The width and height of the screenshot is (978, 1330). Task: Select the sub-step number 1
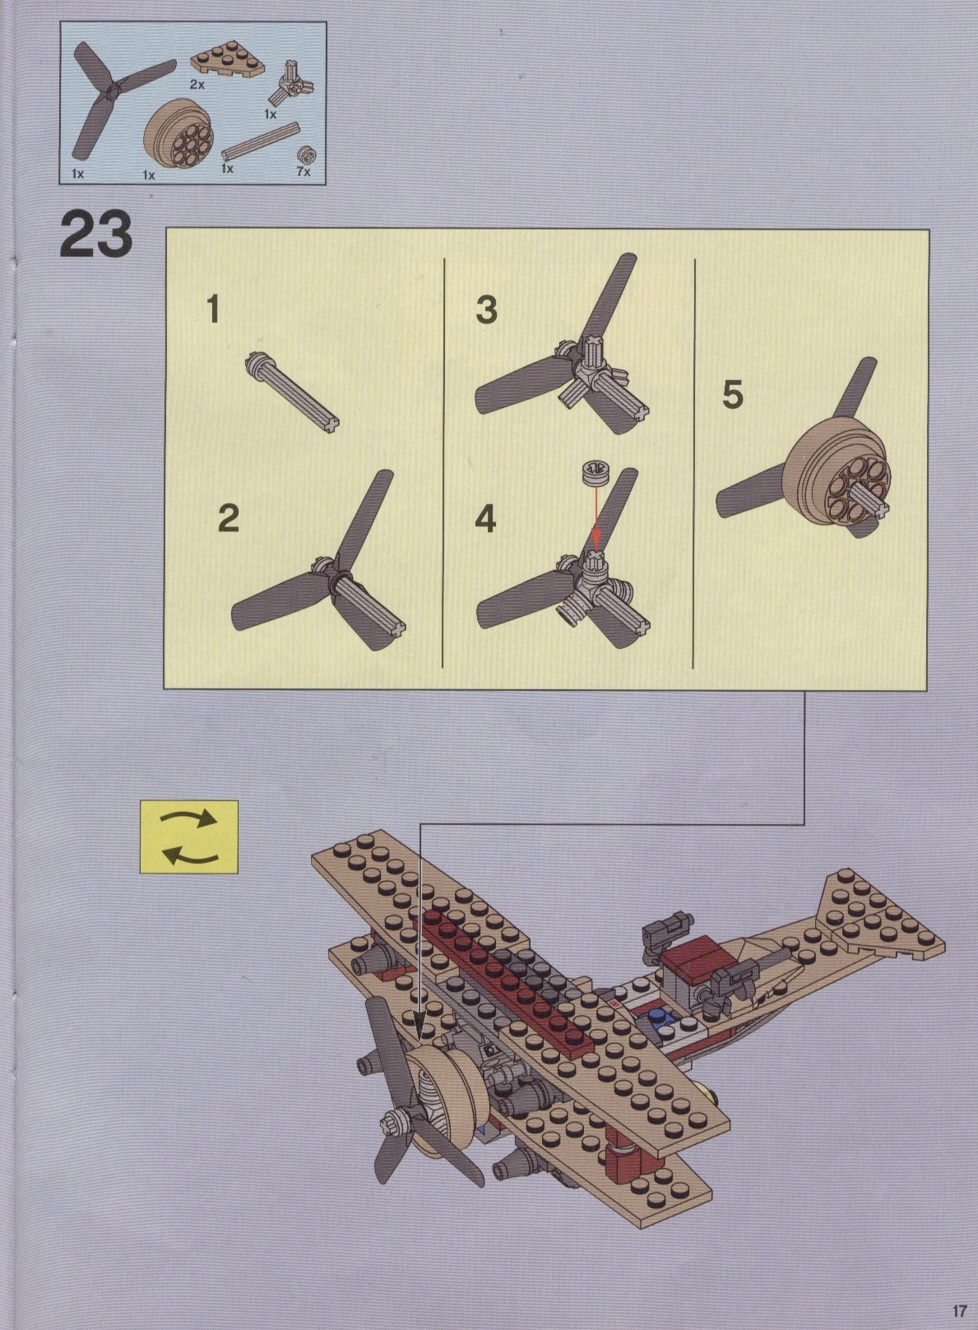tap(212, 310)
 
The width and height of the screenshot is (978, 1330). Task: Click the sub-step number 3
tap(486, 310)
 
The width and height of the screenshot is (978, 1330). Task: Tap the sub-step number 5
tap(733, 395)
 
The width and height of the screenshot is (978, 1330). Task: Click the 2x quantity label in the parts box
tap(197, 85)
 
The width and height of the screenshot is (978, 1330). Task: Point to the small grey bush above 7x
tap(307, 155)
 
